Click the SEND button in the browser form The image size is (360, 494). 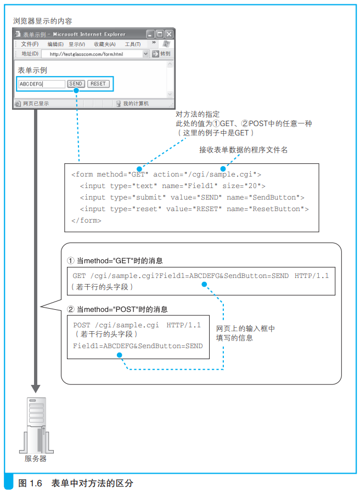tap(76, 84)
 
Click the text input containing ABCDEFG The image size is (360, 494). tap(42, 84)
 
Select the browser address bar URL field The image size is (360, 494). tap(95, 54)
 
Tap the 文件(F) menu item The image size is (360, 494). tap(30, 44)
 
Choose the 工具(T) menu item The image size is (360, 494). tap(133, 44)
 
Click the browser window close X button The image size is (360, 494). tap(169, 34)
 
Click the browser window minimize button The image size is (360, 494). tap(150, 34)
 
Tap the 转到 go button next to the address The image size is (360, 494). tap(161, 54)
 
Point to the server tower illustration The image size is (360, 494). tap(37, 425)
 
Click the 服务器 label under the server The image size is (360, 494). tap(36, 459)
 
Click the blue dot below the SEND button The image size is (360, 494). tap(76, 90)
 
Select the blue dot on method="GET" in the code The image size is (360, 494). tap(139, 169)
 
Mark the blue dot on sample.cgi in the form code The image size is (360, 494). tap(223, 168)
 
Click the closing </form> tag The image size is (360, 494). tap(86, 220)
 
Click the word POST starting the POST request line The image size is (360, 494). tap(82, 325)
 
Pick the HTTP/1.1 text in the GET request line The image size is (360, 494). tap(312, 276)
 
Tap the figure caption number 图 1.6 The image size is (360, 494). tap(30, 483)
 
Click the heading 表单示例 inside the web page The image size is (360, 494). tap(32, 70)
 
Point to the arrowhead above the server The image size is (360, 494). tap(36, 389)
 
